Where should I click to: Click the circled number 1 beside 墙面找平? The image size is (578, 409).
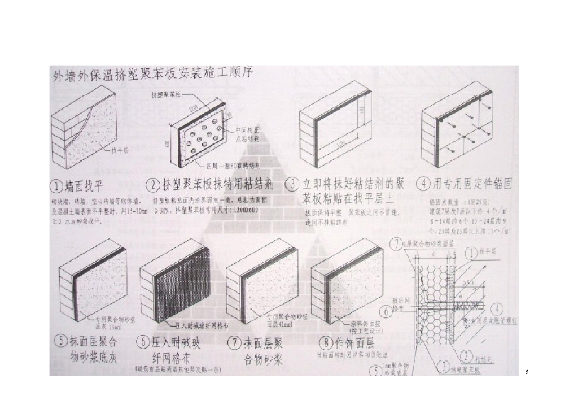(58, 184)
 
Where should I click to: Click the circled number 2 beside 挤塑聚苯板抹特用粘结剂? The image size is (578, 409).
(153, 184)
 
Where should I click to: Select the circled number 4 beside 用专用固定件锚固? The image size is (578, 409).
(423, 184)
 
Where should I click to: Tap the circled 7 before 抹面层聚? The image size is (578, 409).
(235, 342)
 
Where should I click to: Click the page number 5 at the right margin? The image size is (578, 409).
(526, 372)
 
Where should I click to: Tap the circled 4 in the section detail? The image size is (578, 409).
(496, 308)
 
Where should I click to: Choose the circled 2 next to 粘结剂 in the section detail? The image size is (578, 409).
(467, 357)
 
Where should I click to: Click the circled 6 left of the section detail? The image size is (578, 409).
(384, 311)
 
